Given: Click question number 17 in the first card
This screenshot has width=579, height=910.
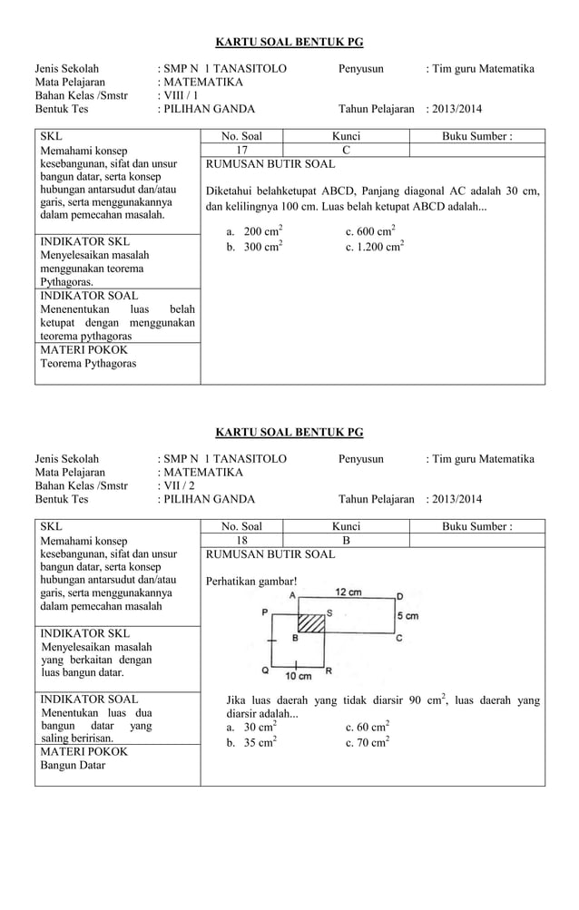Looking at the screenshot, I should click(241, 150).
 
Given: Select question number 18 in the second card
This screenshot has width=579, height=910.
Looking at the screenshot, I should click(241, 540).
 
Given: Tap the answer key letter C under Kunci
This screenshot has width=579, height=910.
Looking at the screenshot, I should click(346, 150).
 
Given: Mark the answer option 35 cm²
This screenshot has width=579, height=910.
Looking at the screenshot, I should click(257, 742).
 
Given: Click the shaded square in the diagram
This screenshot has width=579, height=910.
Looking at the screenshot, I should click(311, 623).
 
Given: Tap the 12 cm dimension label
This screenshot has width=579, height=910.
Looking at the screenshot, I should click(350, 592).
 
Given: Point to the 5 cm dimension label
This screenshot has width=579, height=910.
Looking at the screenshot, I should click(407, 616).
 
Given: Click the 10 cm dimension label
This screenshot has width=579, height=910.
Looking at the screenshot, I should click(299, 676).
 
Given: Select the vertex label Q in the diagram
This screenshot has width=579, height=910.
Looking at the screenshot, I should click(264, 672).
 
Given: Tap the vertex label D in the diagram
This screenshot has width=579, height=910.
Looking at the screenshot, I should click(400, 596).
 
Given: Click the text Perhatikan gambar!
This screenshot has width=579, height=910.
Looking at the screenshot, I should click(252, 581).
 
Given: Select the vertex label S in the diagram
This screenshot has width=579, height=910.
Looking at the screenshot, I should click(329, 613).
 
